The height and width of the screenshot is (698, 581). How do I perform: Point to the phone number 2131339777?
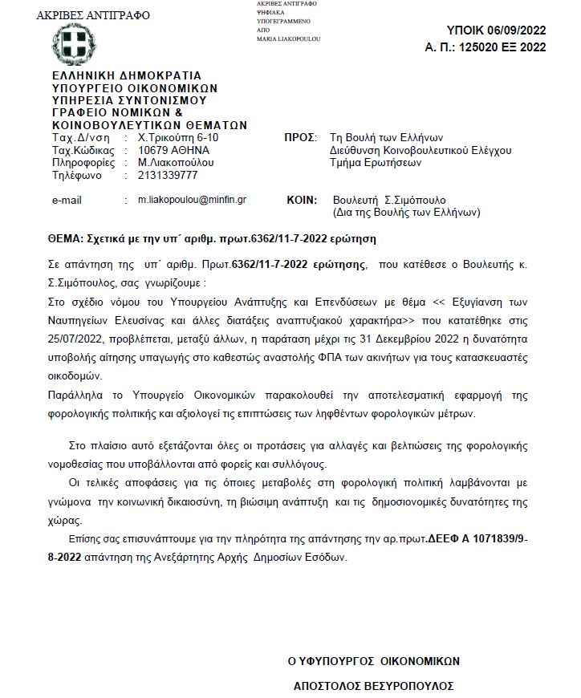pos(168,174)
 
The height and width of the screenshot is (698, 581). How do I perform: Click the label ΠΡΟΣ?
pos(302,138)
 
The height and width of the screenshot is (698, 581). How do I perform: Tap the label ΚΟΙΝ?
pos(303,199)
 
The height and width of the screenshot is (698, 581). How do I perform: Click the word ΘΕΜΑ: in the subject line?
pos(67,239)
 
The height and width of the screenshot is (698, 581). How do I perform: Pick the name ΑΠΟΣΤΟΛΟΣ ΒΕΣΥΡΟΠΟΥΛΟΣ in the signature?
pos(373,686)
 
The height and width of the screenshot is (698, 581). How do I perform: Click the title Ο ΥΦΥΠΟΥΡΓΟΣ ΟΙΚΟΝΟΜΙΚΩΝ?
pos(374,661)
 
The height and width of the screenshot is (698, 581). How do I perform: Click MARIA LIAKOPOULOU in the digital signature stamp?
pos(289,39)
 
